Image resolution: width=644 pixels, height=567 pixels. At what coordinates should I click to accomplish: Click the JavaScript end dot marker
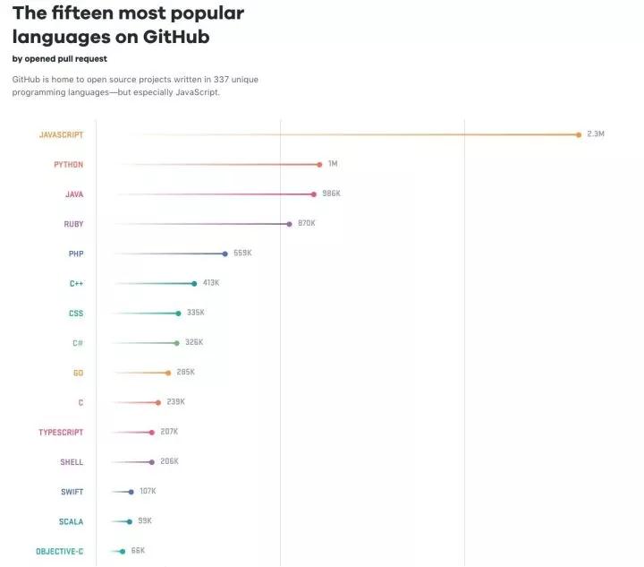[x=579, y=134]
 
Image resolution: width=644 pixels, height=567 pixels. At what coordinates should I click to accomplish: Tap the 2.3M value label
[x=596, y=133]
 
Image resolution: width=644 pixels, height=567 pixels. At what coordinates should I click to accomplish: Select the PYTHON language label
[x=68, y=165]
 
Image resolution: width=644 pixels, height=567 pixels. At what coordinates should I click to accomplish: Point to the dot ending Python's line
[x=319, y=164]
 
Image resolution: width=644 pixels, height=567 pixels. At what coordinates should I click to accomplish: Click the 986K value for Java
[x=331, y=193]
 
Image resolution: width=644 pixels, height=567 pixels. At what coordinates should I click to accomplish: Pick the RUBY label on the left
[x=73, y=224]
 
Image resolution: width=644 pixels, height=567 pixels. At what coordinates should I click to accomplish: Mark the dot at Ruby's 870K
[x=289, y=224]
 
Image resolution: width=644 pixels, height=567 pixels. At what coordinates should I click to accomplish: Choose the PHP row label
[x=76, y=253]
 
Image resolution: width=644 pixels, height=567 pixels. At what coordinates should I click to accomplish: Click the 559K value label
[x=242, y=253]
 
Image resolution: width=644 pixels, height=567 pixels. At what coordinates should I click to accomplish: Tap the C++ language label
[x=76, y=284]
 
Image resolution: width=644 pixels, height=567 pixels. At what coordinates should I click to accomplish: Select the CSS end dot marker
[x=178, y=314]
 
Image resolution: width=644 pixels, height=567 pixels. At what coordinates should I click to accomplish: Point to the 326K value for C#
[x=194, y=342]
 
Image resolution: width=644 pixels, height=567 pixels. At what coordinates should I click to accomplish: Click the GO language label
[x=78, y=373]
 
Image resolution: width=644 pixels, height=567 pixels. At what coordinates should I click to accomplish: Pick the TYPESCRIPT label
[x=61, y=433]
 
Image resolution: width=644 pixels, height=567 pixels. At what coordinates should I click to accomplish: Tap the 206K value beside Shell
[x=169, y=461]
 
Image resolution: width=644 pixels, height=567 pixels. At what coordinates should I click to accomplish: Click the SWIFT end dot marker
[x=131, y=492]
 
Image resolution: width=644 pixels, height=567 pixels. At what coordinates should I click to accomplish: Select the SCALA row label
[x=72, y=521]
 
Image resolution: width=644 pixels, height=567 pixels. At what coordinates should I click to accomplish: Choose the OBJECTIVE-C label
[x=60, y=551]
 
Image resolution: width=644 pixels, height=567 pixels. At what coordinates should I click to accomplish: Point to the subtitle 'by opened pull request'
[x=59, y=59]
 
